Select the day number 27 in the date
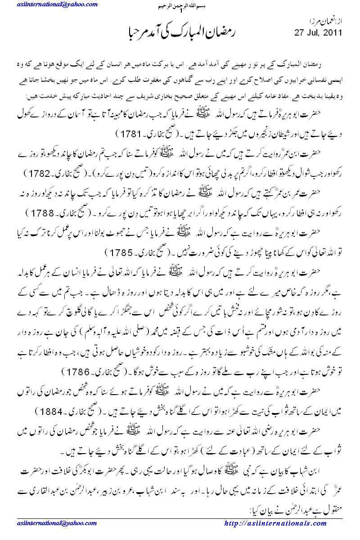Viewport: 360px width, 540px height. (x=299, y=33)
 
